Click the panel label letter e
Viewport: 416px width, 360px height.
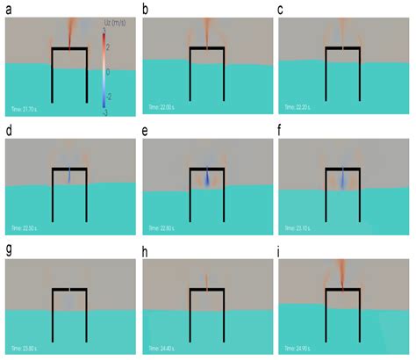click(x=146, y=132)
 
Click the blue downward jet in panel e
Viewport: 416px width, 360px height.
click(x=206, y=179)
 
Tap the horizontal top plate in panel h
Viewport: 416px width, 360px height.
click(x=206, y=290)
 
